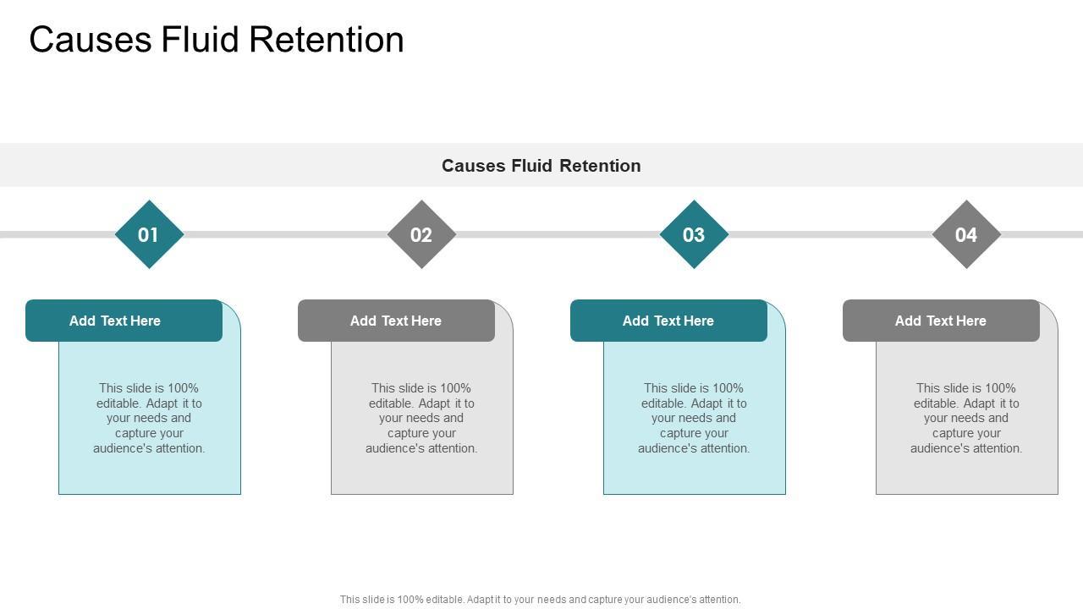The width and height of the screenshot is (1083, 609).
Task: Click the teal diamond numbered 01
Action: (x=149, y=234)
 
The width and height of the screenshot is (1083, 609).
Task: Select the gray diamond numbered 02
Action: (x=421, y=234)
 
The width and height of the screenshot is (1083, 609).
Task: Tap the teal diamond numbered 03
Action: (x=694, y=234)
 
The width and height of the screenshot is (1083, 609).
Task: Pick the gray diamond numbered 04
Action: (x=966, y=234)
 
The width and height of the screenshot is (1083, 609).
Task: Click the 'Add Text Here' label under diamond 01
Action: (x=115, y=321)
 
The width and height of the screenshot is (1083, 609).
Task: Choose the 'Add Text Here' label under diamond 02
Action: (x=396, y=321)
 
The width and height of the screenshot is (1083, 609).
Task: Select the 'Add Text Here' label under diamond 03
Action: (x=668, y=321)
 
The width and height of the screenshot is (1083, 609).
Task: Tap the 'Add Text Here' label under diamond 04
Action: (x=941, y=321)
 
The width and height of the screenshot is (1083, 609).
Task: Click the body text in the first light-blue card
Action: (x=149, y=418)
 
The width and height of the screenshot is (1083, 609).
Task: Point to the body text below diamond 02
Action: (x=421, y=418)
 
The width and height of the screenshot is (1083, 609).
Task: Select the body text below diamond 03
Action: (x=694, y=418)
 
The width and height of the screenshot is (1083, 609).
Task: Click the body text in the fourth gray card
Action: (x=966, y=418)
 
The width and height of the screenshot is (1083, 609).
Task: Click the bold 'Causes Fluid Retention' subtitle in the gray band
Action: (x=541, y=166)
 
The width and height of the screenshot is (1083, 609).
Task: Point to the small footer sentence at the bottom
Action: (x=540, y=600)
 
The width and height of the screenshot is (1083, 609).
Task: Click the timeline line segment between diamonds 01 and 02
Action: (x=285, y=234)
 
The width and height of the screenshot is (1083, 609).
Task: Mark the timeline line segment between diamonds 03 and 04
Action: (x=830, y=234)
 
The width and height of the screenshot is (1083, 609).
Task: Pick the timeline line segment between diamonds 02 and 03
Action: (x=558, y=234)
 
